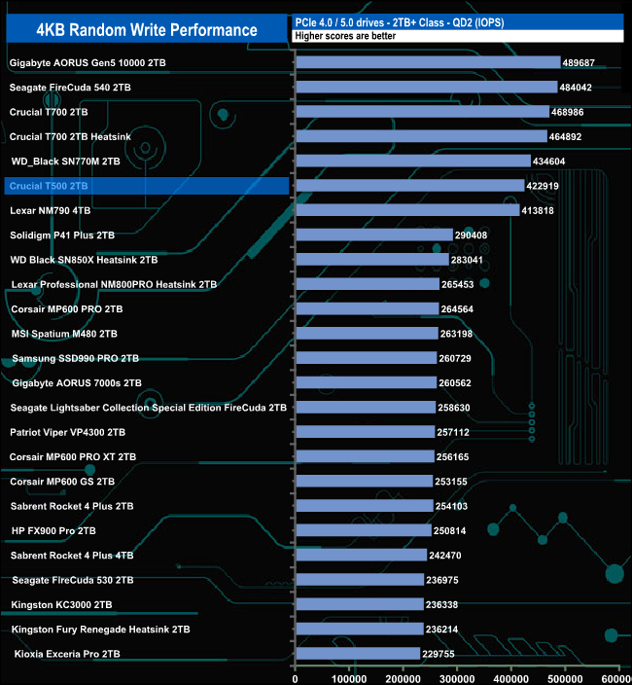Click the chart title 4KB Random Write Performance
[x=146, y=30]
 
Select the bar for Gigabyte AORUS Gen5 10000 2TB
[x=428, y=62]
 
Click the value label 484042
[x=581, y=88]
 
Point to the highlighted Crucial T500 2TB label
[x=49, y=186]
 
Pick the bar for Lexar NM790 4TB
[x=407, y=210]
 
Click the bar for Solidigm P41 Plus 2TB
[x=374, y=234]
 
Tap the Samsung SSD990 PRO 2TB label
[x=76, y=358]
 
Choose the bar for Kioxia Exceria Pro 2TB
[x=358, y=654]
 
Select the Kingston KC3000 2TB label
[x=61, y=604]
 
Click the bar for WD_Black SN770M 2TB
[x=413, y=161]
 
